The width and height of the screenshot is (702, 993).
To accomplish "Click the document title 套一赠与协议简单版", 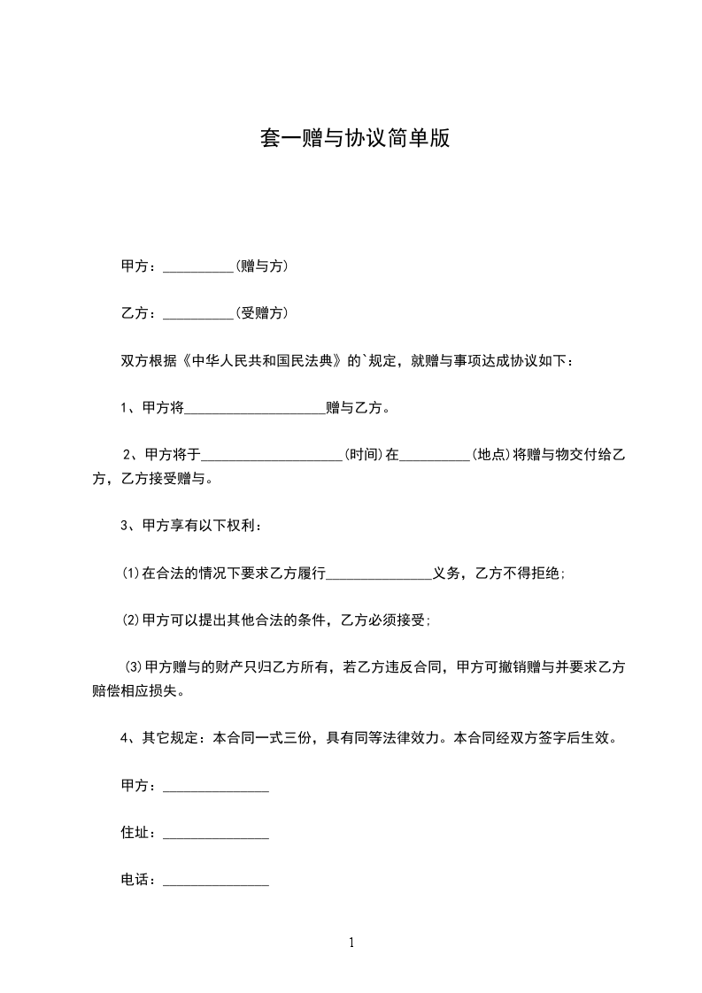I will (354, 139).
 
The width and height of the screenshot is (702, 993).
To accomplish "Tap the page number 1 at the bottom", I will (351, 943).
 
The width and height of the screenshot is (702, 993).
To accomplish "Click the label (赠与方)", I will (261, 266).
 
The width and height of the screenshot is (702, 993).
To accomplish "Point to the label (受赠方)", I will (261, 312).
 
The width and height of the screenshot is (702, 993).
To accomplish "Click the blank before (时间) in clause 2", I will (273, 456).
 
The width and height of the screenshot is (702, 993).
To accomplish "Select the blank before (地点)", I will (436, 456).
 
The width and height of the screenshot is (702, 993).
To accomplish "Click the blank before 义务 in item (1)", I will (379, 574).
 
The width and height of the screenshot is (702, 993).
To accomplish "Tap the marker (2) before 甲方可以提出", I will (131, 620).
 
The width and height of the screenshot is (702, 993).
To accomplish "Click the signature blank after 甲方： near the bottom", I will (216, 787).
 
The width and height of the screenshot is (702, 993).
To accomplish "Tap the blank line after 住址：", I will (216, 834).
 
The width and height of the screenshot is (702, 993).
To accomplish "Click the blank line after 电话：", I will (216, 881).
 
